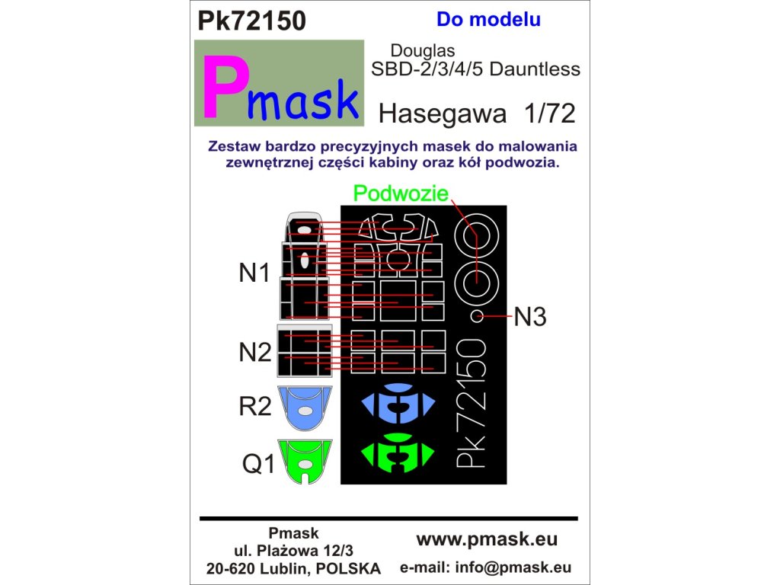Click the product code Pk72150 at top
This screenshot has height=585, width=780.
point(251,21)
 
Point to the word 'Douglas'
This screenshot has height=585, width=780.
point(423,50)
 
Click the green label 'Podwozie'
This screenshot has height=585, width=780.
point(401,195)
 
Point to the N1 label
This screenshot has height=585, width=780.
point(255,273)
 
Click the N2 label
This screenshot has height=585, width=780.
point(255,352)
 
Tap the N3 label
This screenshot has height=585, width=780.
point(531,316)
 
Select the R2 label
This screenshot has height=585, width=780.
point(255,407)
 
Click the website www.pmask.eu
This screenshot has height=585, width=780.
point(487,539)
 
